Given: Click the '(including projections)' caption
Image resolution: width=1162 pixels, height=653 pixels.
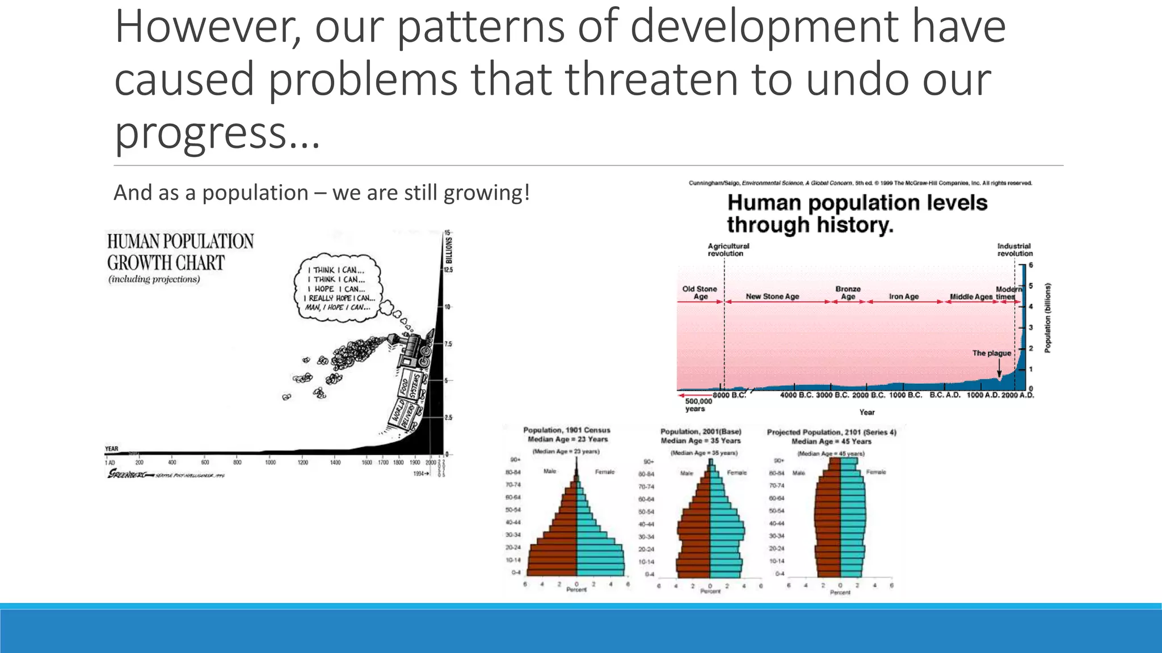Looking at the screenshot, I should [154, 279].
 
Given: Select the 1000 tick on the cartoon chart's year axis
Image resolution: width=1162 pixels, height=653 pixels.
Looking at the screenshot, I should [270, 463].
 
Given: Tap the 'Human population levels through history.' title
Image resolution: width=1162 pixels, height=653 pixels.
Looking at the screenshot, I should [857, 214].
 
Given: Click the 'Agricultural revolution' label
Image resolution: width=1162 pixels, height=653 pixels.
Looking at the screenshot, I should [728, 250].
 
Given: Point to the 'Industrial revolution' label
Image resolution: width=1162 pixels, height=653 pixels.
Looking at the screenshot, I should [1014, 250].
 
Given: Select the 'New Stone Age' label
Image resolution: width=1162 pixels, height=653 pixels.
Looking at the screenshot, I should [772, 296].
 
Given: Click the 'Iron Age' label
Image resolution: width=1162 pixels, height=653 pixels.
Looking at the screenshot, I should [903, 296].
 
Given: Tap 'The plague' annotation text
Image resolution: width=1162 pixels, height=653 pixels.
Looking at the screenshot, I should [991, 353].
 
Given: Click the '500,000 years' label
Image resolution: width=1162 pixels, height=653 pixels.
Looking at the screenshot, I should [698, 405].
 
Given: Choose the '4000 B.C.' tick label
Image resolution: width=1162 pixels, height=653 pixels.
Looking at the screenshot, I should [797, 395].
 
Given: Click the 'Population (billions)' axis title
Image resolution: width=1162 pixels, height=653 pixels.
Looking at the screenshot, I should [1047, 317].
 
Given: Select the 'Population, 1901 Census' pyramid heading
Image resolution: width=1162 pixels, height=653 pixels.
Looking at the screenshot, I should [566, 430].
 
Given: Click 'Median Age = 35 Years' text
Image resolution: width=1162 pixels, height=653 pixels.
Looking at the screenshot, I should [700, 440].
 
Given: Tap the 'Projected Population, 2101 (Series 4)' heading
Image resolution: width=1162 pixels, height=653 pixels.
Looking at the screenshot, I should [831, 432].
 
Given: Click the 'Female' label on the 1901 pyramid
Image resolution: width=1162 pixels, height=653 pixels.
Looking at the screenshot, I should [604, 472].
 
